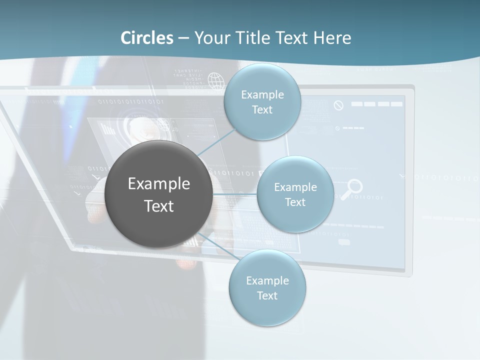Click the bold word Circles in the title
pyautogui.click(x=147, y=38)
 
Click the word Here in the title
pyautogui.click(x=332, y=38)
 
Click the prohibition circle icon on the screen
pyautogui.click(x=338, y=105)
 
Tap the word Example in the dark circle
pyautogui.click(x=158, y=184)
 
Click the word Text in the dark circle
pyautogui.click(x=158, y=206)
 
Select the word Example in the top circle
pyautogui.click(x=262, y=94)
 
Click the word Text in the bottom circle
pyautogui.click(x=267, y=295)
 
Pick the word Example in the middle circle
pyautogui.click(x=295, y=187)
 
